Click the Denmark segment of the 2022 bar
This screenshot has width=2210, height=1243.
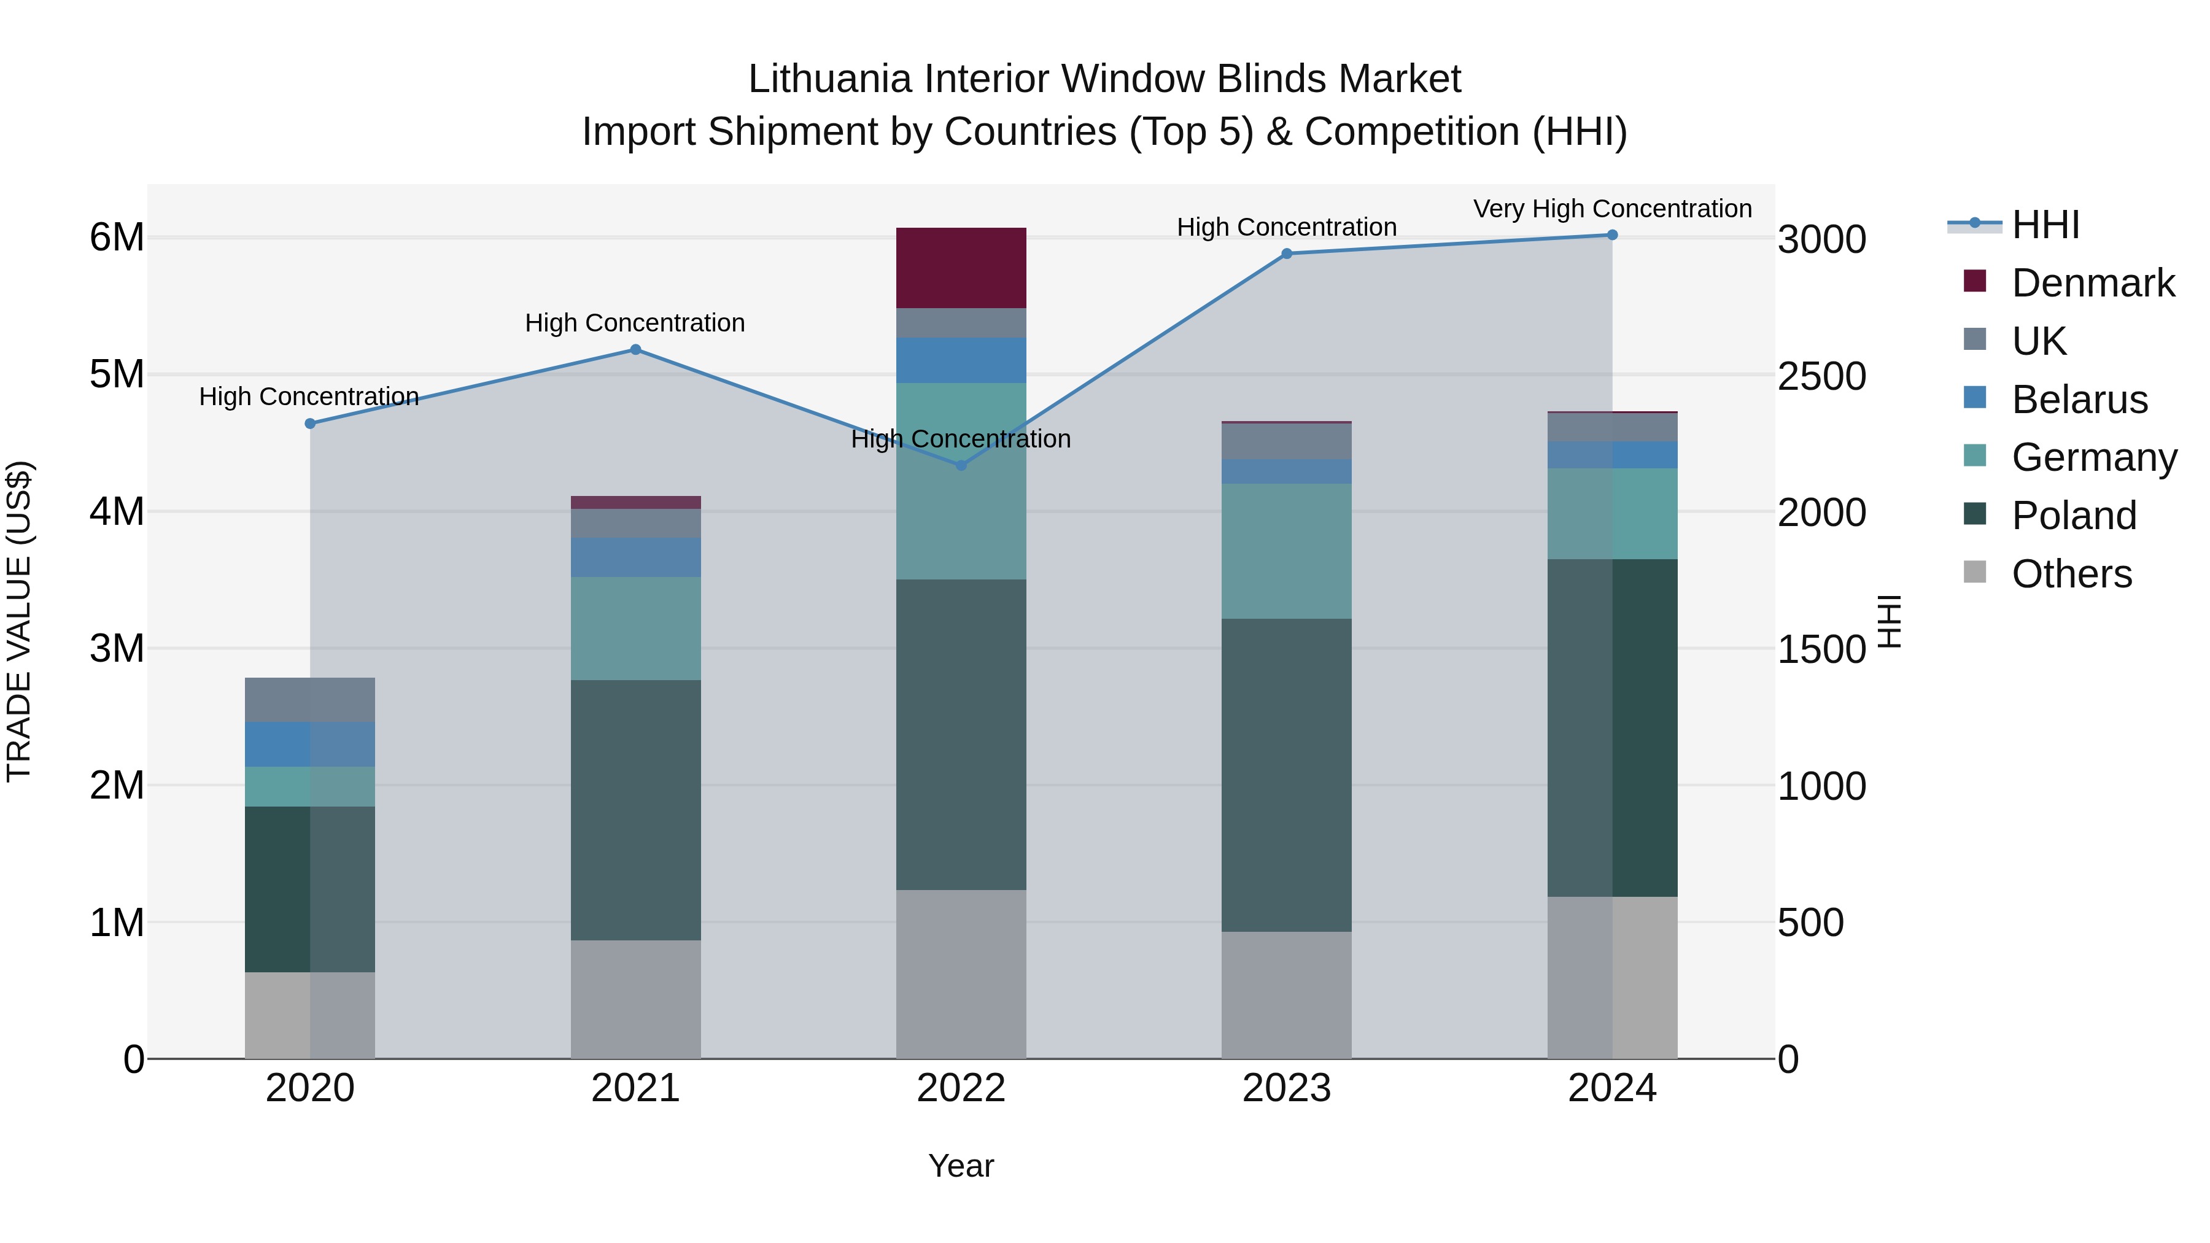[961, 268]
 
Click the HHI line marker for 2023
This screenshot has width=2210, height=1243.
[1286, 254]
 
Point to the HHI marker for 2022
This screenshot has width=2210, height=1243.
[961, 466]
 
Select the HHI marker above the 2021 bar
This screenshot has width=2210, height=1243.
[636, 350]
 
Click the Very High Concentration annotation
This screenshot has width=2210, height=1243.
[1612, 209]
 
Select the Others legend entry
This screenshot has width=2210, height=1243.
[2071, 574]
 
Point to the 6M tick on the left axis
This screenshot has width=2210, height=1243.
[117, 238]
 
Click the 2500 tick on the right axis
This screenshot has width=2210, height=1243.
[1821, 376]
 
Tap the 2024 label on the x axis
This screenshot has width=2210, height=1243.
[1612, 1088]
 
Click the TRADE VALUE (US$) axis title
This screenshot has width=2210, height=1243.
[19, 621]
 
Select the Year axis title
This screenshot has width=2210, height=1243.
[961, 1166]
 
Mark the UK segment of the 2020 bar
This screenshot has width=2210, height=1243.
[310, 700]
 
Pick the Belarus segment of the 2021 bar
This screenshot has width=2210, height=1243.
[636, 557]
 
